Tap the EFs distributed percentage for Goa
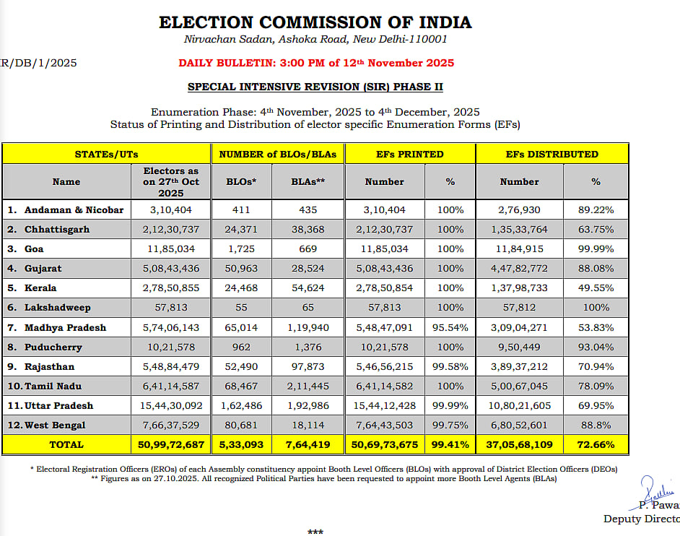pos(596,249)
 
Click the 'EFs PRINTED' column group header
pos(410,154)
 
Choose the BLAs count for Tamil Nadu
pos(308,386)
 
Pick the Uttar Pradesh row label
pos(58,405)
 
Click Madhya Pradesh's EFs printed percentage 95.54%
pos(450,327)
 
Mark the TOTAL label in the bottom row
pos(66,444)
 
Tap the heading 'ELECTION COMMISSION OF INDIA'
pos(315,22)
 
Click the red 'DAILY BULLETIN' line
pos(316,63)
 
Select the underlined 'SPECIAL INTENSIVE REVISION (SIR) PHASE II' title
pos(315,87)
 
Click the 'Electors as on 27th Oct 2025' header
pos(170,181)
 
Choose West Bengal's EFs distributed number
pos(520,425)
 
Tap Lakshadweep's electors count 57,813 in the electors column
pos(170,308)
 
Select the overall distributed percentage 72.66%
pos(596,444)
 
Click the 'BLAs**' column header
pos(308,182)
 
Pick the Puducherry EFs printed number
pos(385,347)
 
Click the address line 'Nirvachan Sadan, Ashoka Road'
pos(315,39)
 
